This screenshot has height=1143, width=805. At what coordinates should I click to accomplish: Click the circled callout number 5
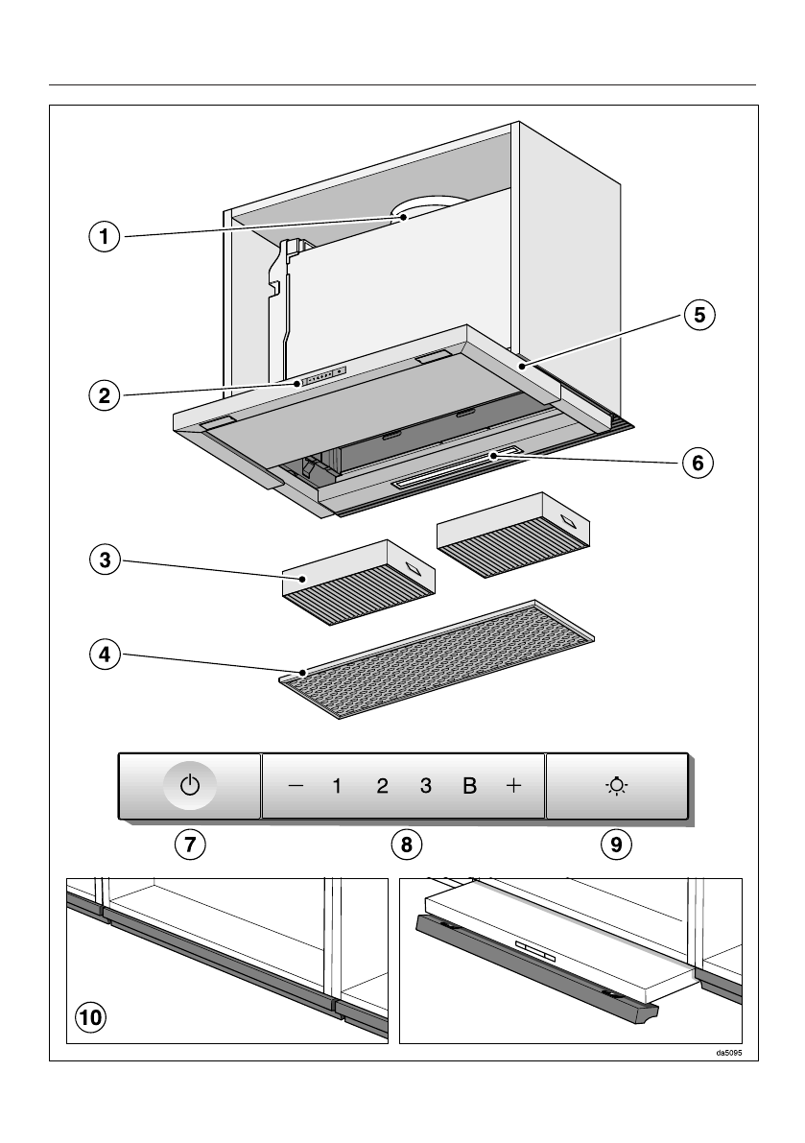point(699,315)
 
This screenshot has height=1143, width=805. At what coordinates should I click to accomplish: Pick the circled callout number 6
point(699,463)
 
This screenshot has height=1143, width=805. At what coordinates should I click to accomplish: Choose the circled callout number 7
point(190,844)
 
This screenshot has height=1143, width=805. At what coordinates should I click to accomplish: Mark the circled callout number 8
point(407,844)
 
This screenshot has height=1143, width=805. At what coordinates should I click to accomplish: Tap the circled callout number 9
point(616,844)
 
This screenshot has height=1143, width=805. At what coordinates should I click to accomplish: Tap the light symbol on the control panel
point(616,786)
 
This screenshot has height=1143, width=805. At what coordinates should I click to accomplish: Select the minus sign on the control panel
point(296,786)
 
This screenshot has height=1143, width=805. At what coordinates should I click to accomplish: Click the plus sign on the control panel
point(513,786)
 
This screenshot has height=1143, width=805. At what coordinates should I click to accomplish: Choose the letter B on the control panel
point(469,786)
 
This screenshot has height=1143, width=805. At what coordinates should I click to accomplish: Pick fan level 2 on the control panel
point(382,786)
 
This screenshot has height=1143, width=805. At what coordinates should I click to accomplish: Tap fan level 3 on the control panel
point(425,786)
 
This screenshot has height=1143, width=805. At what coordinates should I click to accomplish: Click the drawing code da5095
point(729,1053)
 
